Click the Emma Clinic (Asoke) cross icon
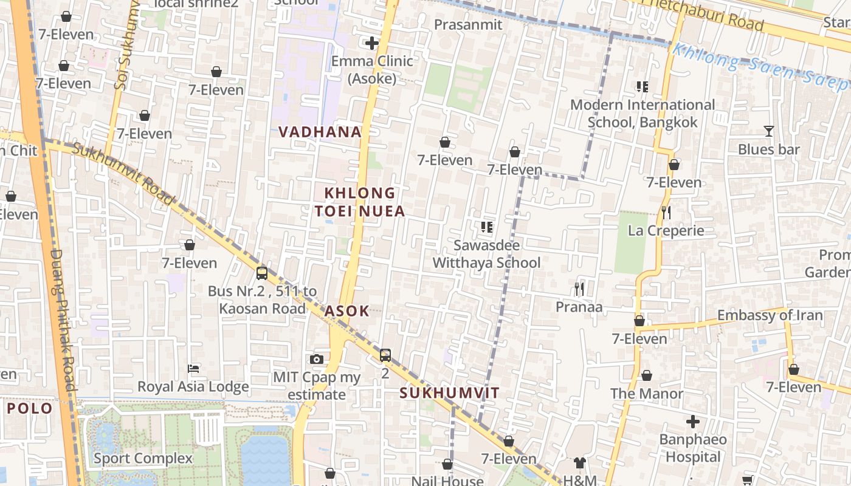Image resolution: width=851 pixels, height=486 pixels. (371, 43)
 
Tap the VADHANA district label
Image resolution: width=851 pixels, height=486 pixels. (320, 132)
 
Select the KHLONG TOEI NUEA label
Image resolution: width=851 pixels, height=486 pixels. (360, 202)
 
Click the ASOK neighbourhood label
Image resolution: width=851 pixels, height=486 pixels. (346, 311)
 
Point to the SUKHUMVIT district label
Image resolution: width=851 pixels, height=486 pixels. (449, 393)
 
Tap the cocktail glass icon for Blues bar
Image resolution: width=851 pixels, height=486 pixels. (769, 131)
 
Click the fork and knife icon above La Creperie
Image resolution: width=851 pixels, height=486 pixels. (666, 212)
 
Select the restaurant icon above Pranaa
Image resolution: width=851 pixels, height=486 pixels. (579, 289)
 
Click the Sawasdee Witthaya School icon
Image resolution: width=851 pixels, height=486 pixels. (486, 227)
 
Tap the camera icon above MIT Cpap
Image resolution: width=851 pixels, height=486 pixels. (316, 359)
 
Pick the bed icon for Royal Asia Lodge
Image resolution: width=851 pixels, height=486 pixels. (193, 369)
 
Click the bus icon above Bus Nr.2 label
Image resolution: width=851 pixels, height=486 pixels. (262, 273)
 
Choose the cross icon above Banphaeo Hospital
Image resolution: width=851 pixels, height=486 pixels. (692, 421)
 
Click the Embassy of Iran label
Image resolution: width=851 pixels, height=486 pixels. (770, 315)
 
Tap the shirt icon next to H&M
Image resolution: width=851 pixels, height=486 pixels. (579, 463)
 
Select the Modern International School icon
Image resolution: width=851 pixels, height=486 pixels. (642, 87)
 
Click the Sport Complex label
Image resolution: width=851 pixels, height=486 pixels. (143, 458)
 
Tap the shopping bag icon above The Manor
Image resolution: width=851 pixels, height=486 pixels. (647, 375)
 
